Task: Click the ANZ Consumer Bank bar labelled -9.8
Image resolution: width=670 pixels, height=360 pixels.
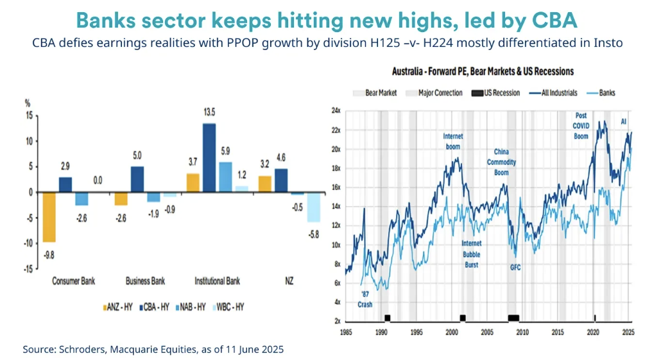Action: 49,217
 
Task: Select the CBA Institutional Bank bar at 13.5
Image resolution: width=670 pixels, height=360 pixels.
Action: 209,158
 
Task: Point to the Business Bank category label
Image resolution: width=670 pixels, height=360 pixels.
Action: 145,281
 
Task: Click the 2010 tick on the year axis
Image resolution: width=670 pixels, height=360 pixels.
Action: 522,332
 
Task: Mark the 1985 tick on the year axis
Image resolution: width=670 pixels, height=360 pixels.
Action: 346,332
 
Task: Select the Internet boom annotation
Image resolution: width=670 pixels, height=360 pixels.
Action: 452,141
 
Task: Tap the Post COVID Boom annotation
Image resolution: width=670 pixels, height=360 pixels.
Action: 581,126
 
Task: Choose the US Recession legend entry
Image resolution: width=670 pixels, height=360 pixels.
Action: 498,93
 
